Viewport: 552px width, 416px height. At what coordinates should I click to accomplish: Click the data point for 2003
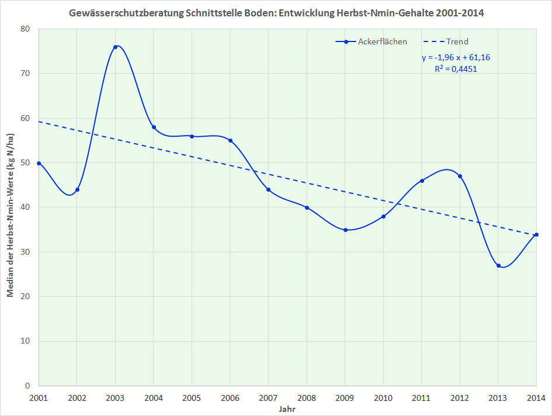(115, 47)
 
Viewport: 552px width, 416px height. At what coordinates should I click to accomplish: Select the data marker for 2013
(498, 265)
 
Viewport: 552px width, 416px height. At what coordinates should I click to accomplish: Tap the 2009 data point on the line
(345, 230)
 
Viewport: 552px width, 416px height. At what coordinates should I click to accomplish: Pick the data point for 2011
(422, 181)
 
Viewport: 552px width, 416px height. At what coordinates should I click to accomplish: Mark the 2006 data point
(230, 140)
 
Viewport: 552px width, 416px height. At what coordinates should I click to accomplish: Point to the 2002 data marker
(77, 189)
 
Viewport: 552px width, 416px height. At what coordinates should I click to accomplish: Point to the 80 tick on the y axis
(26, 29)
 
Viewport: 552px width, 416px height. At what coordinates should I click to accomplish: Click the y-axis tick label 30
(26, 252)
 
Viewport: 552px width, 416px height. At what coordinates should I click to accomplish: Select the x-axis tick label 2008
(307, 397)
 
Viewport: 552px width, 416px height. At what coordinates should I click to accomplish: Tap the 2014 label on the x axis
(536, 397)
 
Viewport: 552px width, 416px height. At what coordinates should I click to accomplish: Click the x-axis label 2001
(39, 397)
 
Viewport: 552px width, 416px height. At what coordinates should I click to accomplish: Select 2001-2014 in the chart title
(456, 12)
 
